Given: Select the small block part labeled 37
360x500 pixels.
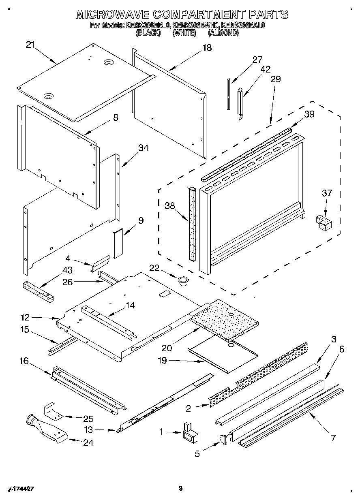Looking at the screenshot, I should [324, 222].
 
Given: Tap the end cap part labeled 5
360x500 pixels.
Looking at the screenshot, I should [223, 439].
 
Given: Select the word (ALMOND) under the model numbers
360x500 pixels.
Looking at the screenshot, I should [223, 33].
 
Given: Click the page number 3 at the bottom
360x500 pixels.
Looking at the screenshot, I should [180, 488].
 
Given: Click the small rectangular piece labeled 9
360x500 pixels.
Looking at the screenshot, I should [118, 243].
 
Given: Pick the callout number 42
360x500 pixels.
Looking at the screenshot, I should [266, 69].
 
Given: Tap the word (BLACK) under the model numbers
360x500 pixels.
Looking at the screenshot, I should [148, 33].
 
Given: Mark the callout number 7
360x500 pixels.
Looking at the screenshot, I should [333, 438].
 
